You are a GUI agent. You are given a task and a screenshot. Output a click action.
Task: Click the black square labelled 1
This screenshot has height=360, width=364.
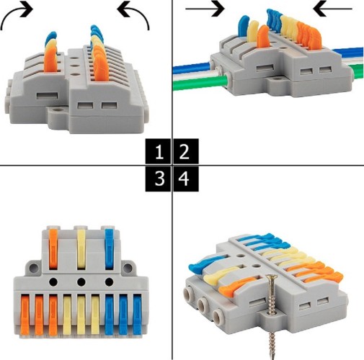click(158, 151)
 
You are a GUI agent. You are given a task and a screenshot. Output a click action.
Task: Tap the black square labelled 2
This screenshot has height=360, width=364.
click(186, 151)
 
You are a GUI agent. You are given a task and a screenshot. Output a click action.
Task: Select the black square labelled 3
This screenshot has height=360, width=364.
click(158, 179)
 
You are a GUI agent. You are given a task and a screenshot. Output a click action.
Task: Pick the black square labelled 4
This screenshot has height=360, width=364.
click(186, 179)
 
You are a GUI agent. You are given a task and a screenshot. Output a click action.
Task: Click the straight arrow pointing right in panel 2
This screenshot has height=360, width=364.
click(205, 9)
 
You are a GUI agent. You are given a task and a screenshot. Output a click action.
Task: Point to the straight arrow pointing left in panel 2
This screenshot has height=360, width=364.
click(332, 9)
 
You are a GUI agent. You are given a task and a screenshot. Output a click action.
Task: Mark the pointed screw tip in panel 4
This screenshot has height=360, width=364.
click(272, 358)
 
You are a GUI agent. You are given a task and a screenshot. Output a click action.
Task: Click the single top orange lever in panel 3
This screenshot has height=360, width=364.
click(53, 248)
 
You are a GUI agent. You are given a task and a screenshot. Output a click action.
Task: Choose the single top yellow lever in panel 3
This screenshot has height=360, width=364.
click(81, 250)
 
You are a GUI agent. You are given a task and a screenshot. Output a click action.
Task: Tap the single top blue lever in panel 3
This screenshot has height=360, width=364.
click(109, 249)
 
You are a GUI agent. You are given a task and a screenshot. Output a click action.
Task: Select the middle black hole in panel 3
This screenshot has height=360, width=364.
click(81, 282)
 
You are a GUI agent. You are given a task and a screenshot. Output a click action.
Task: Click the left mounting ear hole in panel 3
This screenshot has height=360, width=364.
click(34, 267)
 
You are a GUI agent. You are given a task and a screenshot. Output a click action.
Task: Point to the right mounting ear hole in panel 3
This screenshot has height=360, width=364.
click(128, 267)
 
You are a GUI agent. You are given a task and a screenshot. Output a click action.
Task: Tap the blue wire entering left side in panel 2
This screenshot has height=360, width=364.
click(192, 68)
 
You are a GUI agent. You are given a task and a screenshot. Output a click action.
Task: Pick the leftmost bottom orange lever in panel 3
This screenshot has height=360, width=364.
click(25, 315)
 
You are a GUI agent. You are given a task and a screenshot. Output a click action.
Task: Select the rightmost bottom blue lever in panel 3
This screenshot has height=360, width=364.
click(137, 315)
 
